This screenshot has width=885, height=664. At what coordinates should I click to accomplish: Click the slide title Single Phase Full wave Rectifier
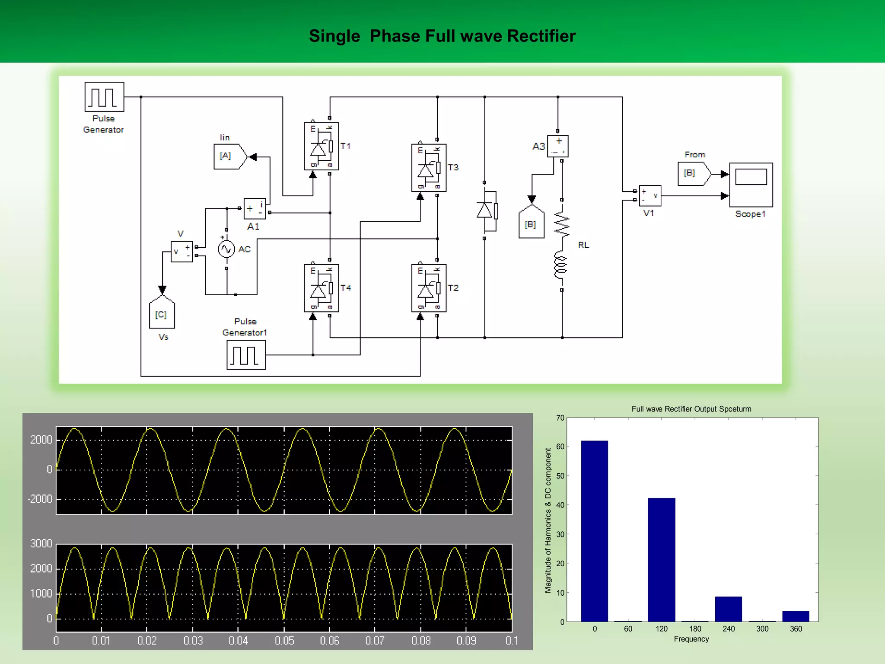[x=442, y=36]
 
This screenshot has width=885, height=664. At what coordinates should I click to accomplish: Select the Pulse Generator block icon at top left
[x=104, y=97]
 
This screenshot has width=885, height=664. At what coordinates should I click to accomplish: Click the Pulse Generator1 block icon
[x=246, y=355]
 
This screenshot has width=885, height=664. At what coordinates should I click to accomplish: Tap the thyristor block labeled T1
[x=321, y=146]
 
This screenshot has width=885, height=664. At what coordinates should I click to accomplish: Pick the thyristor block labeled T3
[x=429, y=168]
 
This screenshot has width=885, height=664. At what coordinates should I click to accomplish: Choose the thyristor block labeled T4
[x=321, y=288]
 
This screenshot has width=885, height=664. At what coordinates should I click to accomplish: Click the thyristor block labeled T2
[x=429, y=288]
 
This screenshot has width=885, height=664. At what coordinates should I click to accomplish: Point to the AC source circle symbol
[x=226, y=249]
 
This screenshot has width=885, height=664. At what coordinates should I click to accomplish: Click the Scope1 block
[x=751, y=185]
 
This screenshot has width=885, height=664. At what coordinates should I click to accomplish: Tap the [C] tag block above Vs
[x=162, y=314]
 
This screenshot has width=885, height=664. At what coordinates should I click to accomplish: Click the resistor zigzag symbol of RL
[x=562, y=225]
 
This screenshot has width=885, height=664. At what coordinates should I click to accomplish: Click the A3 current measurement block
[x=557, y=146]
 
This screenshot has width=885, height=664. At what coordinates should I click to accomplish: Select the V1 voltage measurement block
[x=650, y=195]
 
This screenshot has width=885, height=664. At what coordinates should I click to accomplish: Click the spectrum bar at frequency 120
[x=661, y=560]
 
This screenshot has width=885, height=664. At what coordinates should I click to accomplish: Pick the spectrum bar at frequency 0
[x=594, y=531]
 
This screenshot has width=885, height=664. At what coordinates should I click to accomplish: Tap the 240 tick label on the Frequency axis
[x=729, y=629]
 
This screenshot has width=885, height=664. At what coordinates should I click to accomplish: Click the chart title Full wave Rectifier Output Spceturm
[x=691, y=409]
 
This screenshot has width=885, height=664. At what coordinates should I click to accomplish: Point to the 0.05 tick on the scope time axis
[x=284, y=641]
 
